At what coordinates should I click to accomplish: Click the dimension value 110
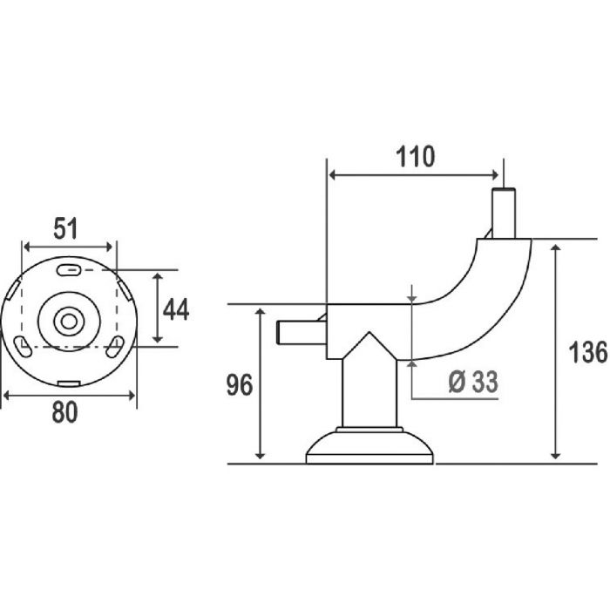point(415,157)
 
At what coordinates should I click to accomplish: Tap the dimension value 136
point(588,352)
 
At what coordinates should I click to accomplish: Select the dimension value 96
point(240,385)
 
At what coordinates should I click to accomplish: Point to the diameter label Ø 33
point(473,382)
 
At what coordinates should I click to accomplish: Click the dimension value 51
point(65,228)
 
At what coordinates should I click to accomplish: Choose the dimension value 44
point(176,309)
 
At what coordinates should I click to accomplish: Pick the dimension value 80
point(65,412)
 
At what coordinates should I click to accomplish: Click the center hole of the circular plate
point(69,322)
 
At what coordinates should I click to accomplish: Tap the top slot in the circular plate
point(69,270)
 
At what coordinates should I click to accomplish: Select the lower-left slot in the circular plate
point(23,347)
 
